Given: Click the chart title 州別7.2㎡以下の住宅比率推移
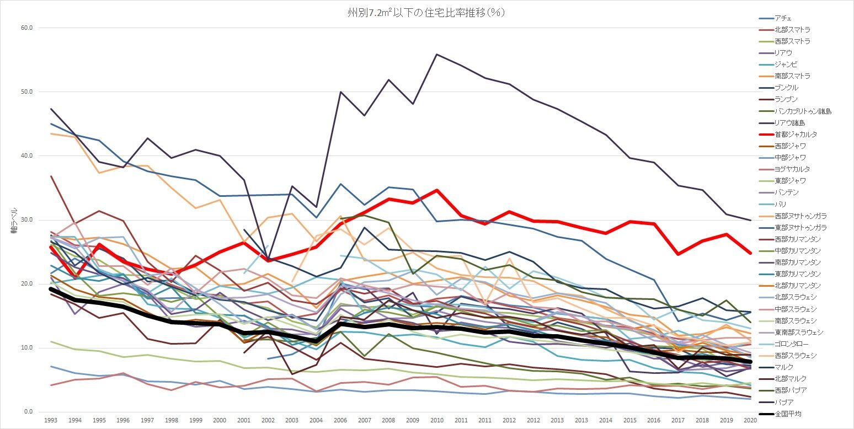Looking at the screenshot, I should (x=422, y=13).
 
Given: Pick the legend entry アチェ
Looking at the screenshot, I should (x=783, y=18).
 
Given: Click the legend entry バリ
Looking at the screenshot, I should (x=780, y=204).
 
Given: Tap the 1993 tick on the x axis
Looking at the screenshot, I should (x=50, y=420).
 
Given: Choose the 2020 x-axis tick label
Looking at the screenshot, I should (x=750, y=420).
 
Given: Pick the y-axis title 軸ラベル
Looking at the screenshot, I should (x=14, y=220).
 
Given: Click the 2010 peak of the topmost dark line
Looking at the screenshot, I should (x=436, y=54).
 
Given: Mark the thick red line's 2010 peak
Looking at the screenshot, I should (x=436, y=190).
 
